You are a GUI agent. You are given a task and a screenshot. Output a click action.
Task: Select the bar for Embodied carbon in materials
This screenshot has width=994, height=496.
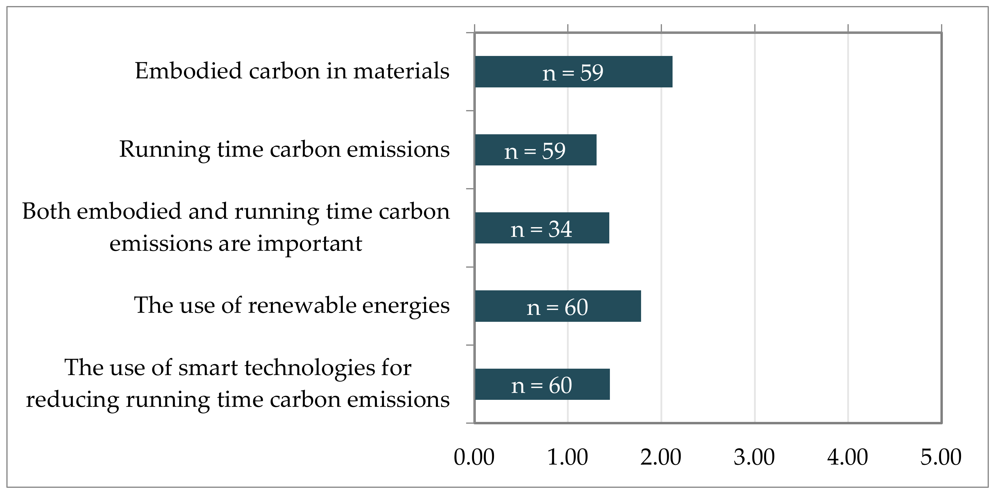pos(573,72)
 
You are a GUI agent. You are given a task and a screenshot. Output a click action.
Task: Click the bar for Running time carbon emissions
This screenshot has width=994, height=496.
pos(535,150)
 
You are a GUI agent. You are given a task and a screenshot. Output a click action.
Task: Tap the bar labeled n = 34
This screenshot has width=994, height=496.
pos(542,228)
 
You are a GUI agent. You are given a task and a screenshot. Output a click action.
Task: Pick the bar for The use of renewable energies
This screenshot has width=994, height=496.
pos(558,306)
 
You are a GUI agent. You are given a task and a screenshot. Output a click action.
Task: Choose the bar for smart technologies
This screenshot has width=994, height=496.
pos(542,384)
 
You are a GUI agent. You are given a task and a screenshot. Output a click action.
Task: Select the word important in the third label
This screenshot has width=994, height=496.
pos(309,244)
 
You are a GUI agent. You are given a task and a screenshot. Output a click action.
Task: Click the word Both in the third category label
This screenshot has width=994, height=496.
pos(46,211)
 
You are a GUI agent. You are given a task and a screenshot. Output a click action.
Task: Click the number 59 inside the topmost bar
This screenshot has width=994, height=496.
pos(591,73)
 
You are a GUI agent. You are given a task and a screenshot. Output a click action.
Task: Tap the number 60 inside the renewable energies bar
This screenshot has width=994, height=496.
pos(576,307)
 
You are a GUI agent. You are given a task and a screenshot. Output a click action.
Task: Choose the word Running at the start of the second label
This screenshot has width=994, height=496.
pos(164,149)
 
